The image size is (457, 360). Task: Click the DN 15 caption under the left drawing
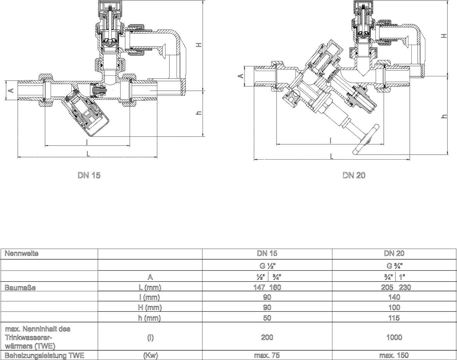point(89,175)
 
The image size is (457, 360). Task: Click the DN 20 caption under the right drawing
point(354,175)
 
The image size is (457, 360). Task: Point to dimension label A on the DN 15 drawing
point(11,90)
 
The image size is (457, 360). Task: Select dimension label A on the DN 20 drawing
point(242,76)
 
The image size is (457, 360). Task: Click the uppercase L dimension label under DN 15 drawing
point(88,154)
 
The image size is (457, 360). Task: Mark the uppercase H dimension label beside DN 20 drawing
point(444,36)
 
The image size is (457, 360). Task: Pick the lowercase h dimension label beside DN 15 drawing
point(199,113)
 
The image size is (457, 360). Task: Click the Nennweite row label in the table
point(22,253)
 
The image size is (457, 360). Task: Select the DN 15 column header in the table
point(267,253)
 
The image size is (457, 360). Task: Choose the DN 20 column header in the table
point(394,253)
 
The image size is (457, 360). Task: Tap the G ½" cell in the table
point(267,266)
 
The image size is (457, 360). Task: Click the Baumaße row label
point(20,287)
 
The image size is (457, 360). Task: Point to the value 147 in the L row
point(259,287)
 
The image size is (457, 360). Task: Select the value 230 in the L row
point(405,287)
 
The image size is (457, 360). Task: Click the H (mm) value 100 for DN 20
point(394,307)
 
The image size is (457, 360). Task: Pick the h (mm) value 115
point(394,318)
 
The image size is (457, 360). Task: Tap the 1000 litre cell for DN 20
point(394,337)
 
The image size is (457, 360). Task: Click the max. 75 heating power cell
point(267,355)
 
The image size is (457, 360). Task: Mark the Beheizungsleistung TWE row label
point(44,355)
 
